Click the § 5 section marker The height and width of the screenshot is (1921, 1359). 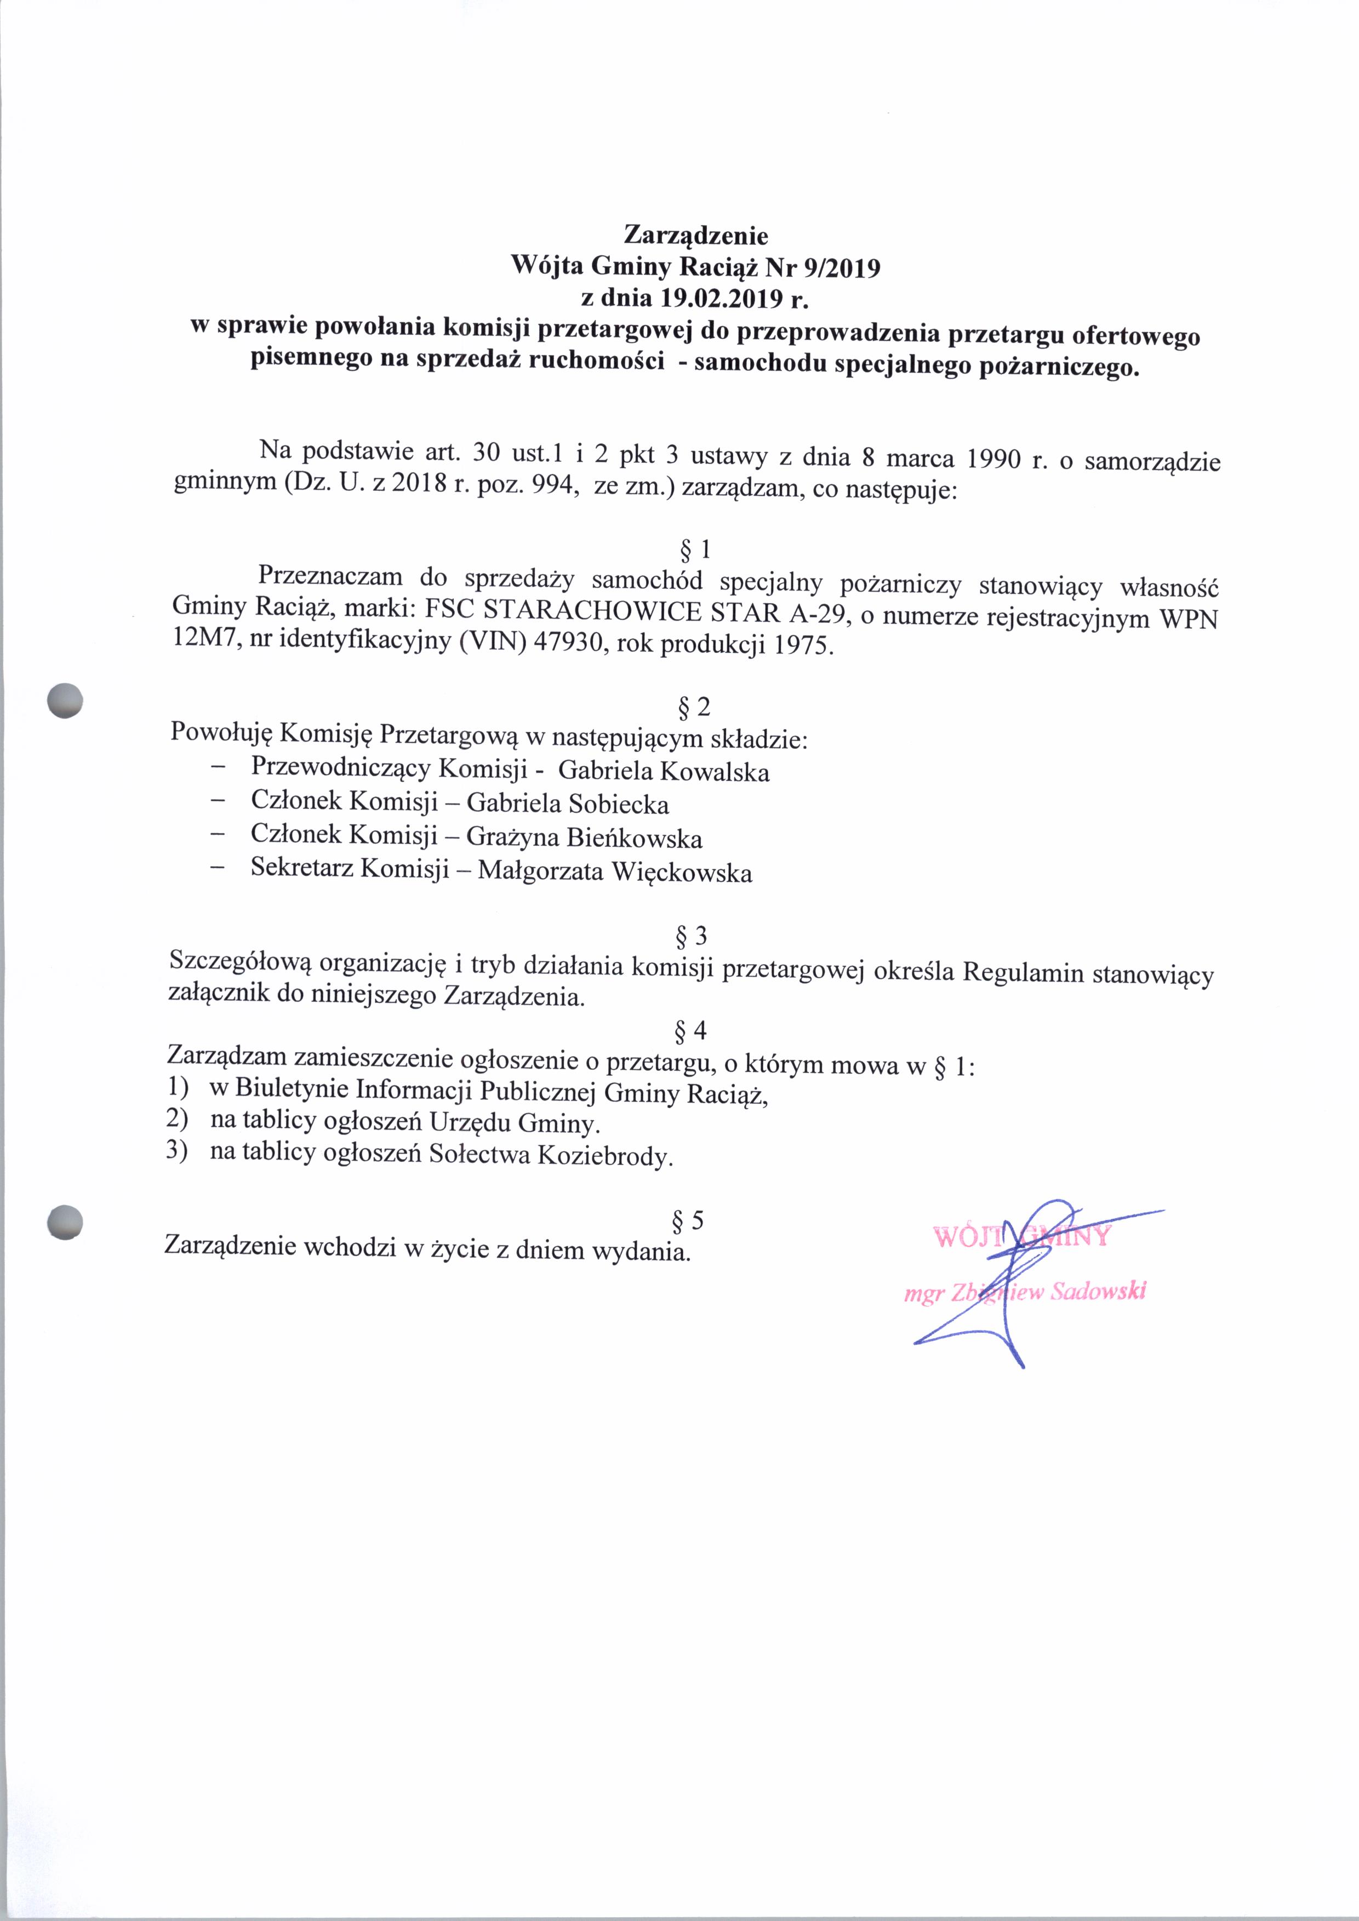(x=687, y=1221)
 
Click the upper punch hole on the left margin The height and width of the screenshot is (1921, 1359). (x=65, y=700)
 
